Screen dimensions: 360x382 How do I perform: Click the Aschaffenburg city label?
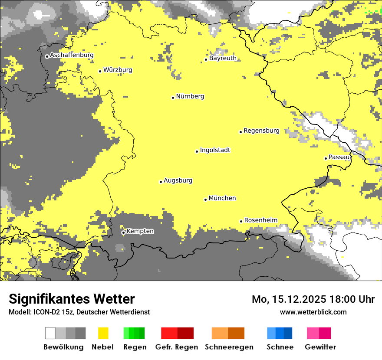72,55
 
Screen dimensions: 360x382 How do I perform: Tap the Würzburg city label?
118,70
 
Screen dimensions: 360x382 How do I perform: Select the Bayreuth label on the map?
223,58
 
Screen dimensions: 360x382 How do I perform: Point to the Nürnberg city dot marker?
173,98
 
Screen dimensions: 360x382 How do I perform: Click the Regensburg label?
261,131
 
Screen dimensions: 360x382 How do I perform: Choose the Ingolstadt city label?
215,151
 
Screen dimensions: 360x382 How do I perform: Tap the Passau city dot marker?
326,158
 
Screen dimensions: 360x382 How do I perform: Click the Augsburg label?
178,180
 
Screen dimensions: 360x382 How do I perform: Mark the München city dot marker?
205,200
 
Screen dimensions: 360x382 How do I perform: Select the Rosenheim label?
260,220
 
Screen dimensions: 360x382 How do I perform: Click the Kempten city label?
140,231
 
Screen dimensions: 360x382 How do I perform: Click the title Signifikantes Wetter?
72,299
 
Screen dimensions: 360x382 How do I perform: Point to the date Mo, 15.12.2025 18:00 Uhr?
313,299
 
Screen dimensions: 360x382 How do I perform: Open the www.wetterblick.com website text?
313,312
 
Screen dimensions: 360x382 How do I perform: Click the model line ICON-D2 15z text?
79,312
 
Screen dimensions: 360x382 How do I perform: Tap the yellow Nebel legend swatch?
103,333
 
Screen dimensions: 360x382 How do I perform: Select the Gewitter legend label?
320,347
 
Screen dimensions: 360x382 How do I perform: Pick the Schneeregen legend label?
229,347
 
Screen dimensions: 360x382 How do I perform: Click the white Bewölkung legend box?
50,333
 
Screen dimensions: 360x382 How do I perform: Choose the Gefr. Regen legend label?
177,347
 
